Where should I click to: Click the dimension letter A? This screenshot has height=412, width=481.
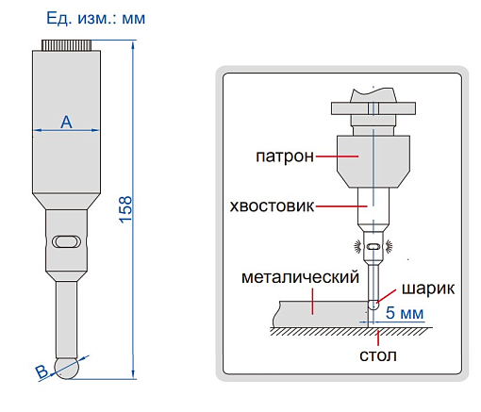click(66, 122)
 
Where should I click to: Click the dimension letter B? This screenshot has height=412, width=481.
click(41, 371)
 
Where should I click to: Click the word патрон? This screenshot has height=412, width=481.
click(283, 156)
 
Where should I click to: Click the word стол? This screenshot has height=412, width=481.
click(377, 356)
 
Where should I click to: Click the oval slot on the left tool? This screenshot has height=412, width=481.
click(67, 241)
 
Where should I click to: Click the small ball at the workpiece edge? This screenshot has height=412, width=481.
click(374, 305)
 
